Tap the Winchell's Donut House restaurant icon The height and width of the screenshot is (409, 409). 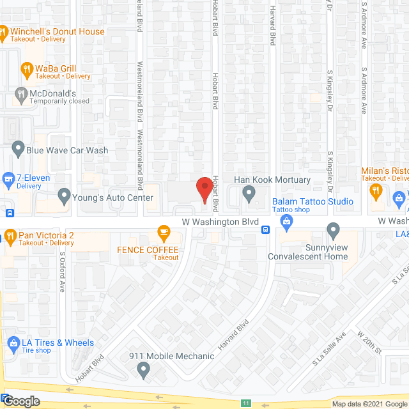(4, 31)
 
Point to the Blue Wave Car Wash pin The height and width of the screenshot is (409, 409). (17, 151)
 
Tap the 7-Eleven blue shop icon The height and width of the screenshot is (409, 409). (8, 178)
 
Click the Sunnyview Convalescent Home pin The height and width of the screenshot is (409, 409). (332, 229)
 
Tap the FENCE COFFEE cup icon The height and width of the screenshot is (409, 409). (164, 231)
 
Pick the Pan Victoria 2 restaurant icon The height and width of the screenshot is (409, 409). (10, 236)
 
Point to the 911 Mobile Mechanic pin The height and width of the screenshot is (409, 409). (143, 369)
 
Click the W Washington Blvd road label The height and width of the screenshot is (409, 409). (220, 221)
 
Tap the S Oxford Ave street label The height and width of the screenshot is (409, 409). (63, 272)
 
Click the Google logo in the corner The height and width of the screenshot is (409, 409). (20, 401)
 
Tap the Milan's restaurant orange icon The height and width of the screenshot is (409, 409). (376, 189)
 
